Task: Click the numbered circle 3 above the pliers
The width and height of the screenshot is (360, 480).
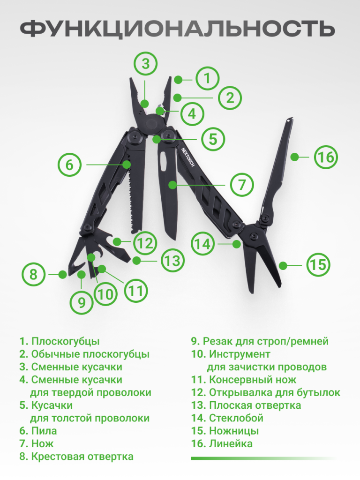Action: pos(146,64)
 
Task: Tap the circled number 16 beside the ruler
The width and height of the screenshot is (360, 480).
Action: pos(326,157)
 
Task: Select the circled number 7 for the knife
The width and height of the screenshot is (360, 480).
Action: pos(242,185)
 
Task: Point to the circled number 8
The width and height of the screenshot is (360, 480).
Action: pos(33,274)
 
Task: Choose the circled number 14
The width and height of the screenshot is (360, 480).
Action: pos(203,244)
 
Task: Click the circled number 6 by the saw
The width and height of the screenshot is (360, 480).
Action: pos(70,165)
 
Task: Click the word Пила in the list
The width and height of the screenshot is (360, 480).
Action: pos(44,431)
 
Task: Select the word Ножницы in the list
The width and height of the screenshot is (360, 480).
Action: pos(234,431)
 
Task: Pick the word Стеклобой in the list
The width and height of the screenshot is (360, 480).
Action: pos(236,418)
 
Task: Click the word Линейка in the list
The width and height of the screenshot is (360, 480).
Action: pos(231,443)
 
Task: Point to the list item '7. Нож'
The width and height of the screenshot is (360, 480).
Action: pos(37,443)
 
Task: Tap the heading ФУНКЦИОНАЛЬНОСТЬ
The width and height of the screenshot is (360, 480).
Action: pos(177,30)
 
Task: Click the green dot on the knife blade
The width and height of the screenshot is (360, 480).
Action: pos(172,185)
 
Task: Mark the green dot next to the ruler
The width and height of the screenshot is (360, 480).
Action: pos(294,157)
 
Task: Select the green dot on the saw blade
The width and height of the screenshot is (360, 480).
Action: pos(127,165)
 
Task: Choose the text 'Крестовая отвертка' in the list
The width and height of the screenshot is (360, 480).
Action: pos(82,457)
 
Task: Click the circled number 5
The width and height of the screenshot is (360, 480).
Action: pos(213,139)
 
